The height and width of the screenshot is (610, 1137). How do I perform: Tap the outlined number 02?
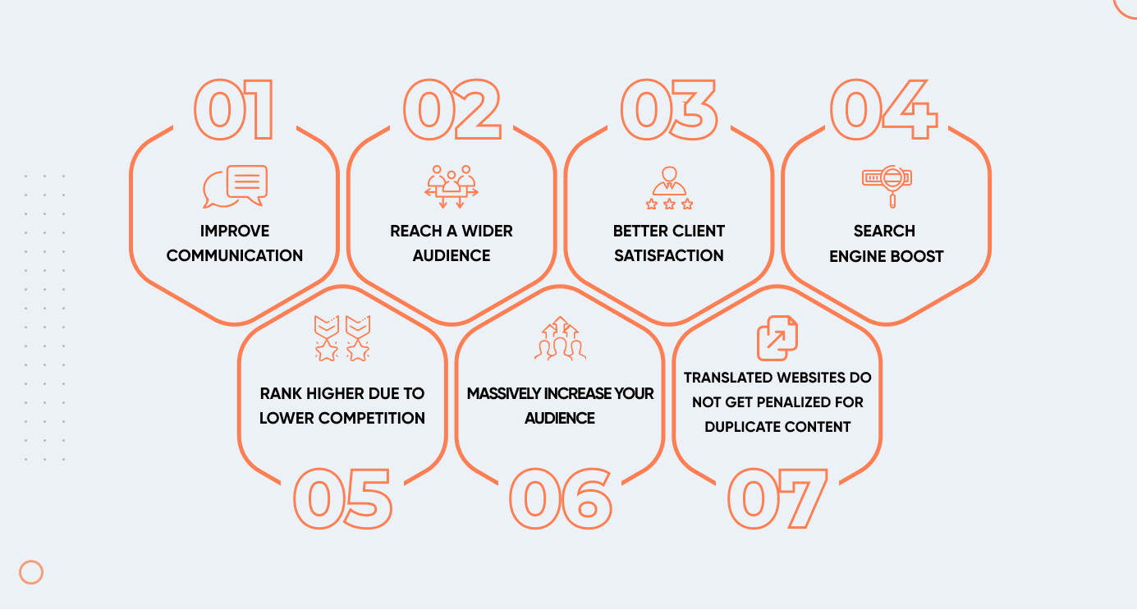[x=452, y=110]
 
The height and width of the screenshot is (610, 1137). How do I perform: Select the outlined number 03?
[x=670, y=110]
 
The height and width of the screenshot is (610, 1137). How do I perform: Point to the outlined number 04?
[x=884, y=110]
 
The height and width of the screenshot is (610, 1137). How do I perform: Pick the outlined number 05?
[x=342, y=498]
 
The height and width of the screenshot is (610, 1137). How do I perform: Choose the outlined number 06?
[x=561, y=498]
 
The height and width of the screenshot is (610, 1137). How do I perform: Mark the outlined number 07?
[x=777, y=498]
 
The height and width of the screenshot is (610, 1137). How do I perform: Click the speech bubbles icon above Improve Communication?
[x=235, y=186]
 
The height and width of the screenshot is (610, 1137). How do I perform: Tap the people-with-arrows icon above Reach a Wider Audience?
[x=452, y=186]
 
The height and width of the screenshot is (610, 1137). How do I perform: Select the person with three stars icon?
[x=670, y=188]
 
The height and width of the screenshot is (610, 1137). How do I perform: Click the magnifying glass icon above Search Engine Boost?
[x=887, y=186]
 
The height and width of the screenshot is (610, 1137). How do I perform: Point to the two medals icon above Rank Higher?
[x=342, y=338]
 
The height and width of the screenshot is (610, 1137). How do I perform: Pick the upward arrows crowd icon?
[x=560, y=338]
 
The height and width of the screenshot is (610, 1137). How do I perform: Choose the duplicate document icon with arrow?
[x=777, y=338]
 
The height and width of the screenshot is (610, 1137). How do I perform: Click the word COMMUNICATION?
[x=235, y=255]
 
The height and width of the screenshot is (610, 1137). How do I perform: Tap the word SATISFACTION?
[x=669, y=255]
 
